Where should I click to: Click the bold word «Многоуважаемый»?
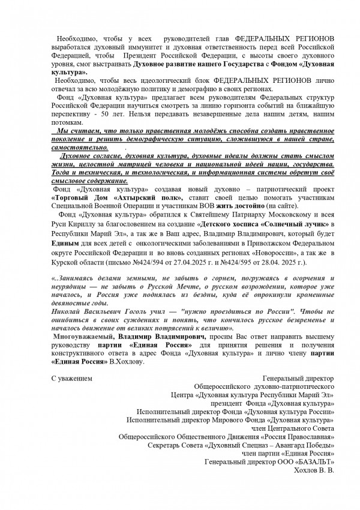pyautogui.click(x=86, y=340)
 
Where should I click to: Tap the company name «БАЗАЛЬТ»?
pyautogui.click(x=309, y=463)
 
